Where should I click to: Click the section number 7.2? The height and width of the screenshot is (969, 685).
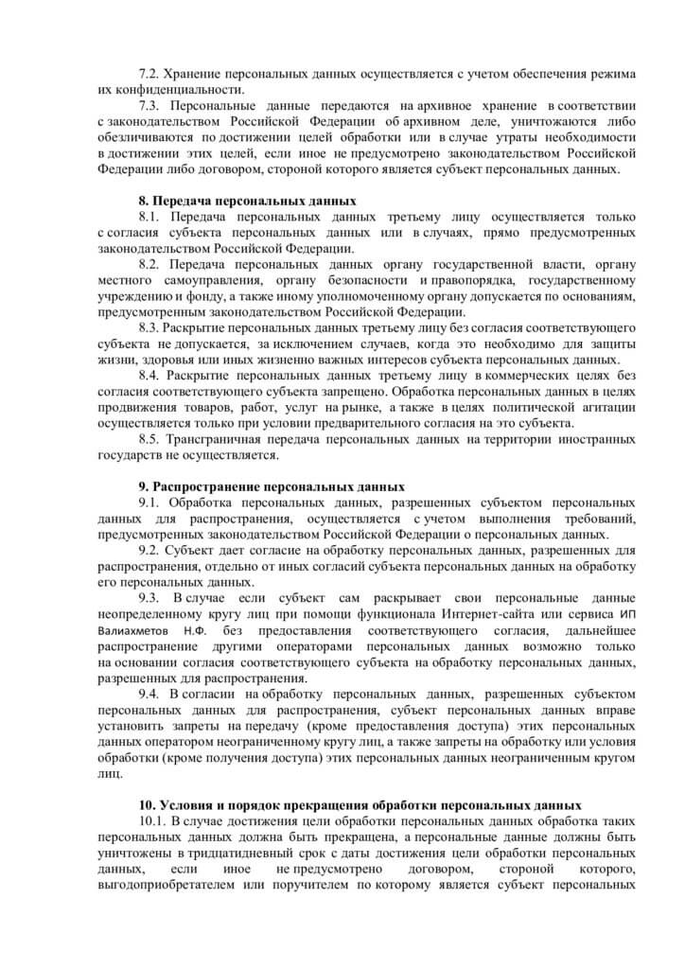150,74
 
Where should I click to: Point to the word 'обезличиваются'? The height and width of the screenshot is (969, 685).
144,138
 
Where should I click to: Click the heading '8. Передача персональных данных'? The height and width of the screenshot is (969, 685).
247,201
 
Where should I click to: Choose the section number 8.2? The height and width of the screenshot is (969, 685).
151,264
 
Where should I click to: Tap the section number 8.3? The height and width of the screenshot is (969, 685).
150,327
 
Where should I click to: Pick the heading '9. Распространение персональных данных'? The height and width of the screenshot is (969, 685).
272,486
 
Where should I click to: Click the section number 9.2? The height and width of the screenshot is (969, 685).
150,550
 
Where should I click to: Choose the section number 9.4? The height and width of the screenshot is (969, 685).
151,694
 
